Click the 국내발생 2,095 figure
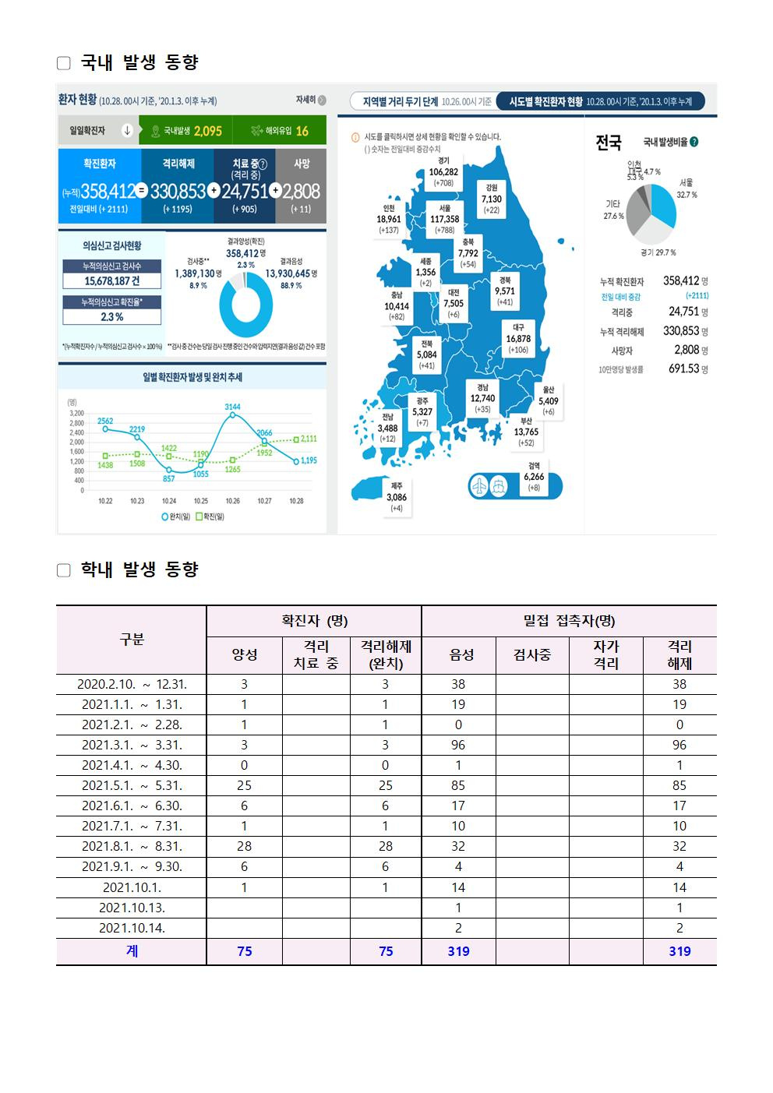[x=207, y=131]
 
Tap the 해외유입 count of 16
[x=302, y=131]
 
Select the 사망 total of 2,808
[x=301, y=192]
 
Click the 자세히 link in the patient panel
[x=310, y=100]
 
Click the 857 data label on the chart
[x=169, y=478]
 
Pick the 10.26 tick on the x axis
[x=232, y=501]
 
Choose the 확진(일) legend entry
[x=210, y=517]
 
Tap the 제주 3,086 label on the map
[x=397, y=496]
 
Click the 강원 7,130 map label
[x=492, y=199]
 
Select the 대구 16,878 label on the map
[x=518, y=339]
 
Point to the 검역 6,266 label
[x=534, y=477]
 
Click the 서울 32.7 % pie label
[x=687, y=189]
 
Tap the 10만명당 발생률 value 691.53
[x=685, y=368]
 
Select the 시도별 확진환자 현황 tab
[x=599, y=101]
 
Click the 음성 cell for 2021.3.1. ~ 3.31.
[x=458, y=745]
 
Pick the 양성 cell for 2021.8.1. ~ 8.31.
[x=245, y=846]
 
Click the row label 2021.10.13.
[x=132, y=908]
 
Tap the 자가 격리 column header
[x=605, y=655]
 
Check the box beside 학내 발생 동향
[x=64, y=570]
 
